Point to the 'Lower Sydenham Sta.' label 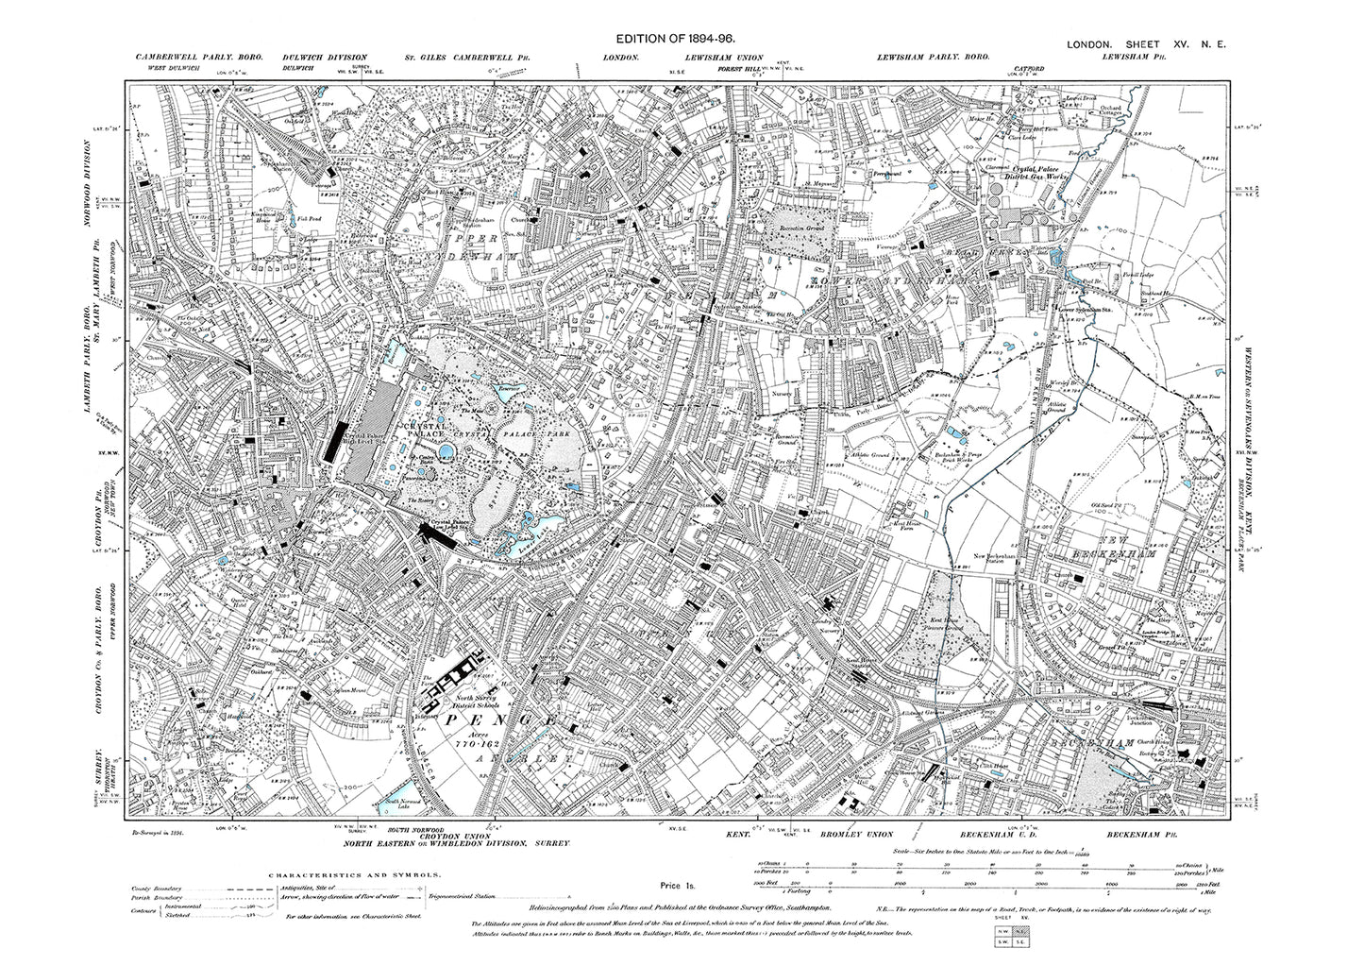[x=1091, y=306]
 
